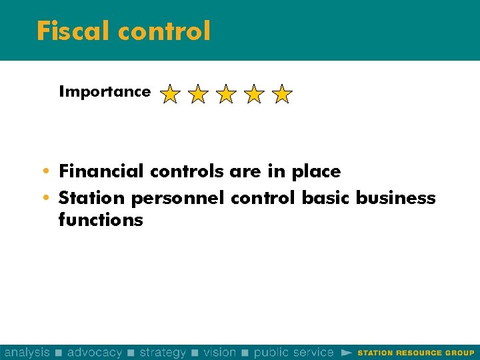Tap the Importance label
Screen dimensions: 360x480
pos(105,92)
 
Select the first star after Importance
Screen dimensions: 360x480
pos(170,94)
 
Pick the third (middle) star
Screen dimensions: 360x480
pos(226,94)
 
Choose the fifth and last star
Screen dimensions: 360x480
pos(282,94)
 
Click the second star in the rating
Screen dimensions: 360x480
pos(198,94)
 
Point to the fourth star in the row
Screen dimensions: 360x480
pos(254,94)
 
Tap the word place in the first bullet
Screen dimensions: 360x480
pos(315,172)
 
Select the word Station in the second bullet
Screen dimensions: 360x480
pos(91,198)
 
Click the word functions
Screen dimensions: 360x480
pos(101,220)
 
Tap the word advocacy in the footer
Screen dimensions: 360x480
pos(95,352)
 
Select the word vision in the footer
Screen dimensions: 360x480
pos(220,352)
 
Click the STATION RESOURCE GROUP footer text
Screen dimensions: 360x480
pos(416,353)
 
